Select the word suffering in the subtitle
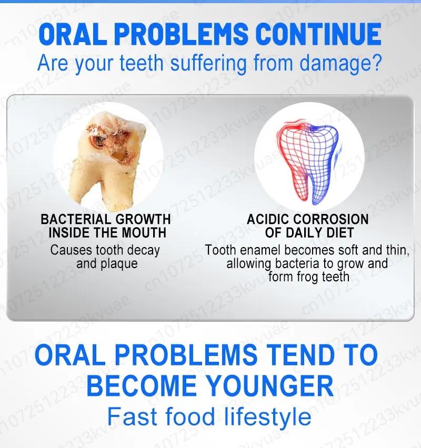tap(208, 64)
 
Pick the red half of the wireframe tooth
tap(292, 160)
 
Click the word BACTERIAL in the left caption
tap(76, 219)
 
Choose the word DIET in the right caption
tap(340, 232)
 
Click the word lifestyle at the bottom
tap(268, 417)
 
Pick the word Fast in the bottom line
tap(133, 416)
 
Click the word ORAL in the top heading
tap(73, 34)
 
